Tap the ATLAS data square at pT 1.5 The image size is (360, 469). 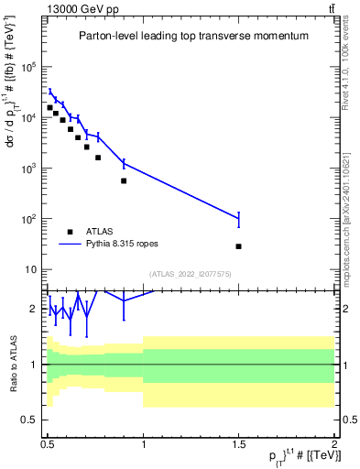coord(238,246)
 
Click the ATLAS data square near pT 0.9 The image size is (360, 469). coord(124,180)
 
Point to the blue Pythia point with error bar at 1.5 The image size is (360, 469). coord(238,219)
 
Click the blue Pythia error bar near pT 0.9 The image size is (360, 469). coord(124,164)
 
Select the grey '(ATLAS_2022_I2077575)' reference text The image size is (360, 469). coord(191,274)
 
